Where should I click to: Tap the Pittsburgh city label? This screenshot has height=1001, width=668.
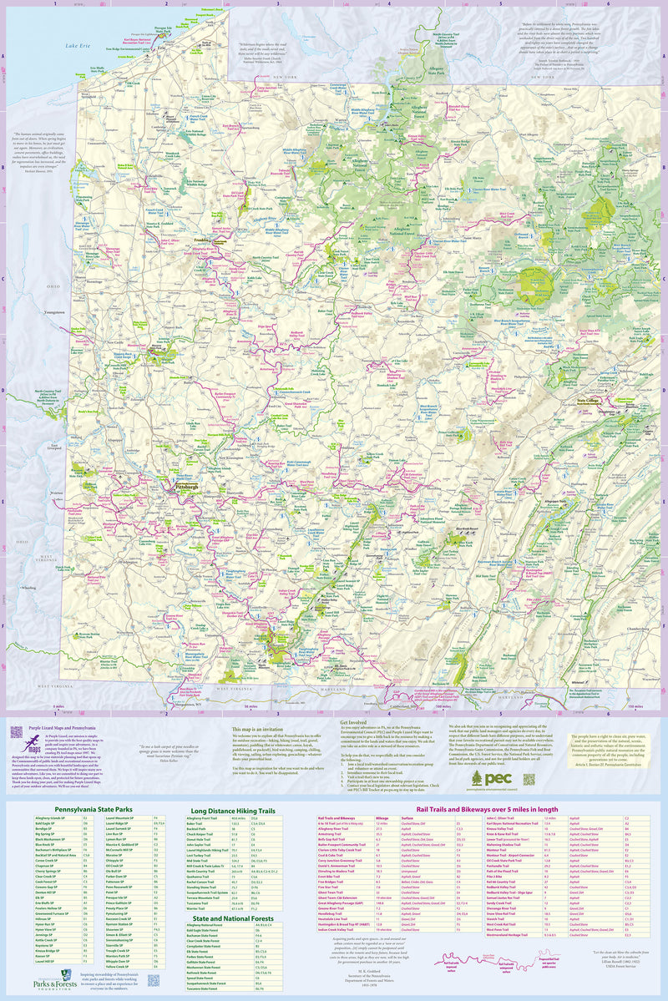coord(182,485)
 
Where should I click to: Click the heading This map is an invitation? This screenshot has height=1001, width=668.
coord(261,728)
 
